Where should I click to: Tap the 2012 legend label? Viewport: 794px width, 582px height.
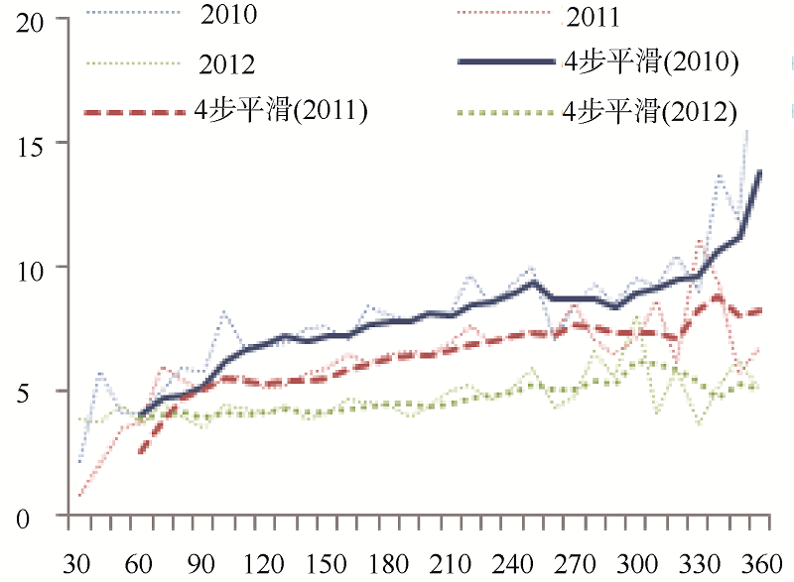coord(228,64)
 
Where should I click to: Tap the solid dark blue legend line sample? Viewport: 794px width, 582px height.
coord(507,63)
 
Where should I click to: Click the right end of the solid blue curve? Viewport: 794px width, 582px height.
coord(760,173)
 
